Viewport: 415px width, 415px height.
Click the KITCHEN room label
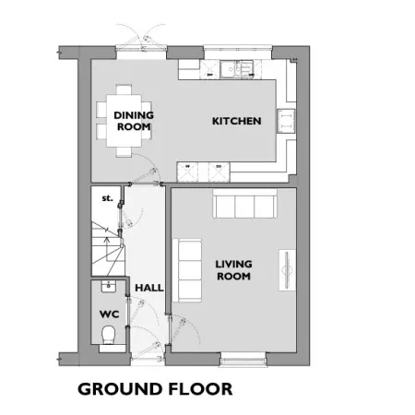pyautogui.click(x=237, y=121)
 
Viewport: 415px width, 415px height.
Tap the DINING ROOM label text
pyautogui.click(x=134, y=121)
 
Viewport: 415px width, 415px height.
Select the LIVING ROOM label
pyautogui.click(x=233, y=270)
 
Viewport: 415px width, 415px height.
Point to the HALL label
pyautogui.click(x=149, y=288)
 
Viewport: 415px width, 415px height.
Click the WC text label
pyautogui.click(x=110, y=314)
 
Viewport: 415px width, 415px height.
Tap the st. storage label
pyautogui.click(x=107, y=198)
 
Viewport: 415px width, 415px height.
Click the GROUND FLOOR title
pyautogui.click(x=155, y=389)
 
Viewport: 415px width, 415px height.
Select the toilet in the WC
pyautogui.click(x=108, y=335)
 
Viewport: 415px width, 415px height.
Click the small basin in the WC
pyautogui.click(x=109, y=286)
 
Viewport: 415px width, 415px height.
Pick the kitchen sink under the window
pyautogui.click(x=237, y=69)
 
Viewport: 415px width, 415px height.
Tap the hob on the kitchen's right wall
pyautogui.click(x=286, y=121)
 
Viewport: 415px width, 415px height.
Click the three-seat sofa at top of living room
pyautogui.click(x=244, y=204)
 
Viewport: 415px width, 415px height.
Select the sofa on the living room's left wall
pyautogui.click(x=187, y=270)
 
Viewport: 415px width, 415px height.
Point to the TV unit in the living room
pyautogui.click(x=287, y=270)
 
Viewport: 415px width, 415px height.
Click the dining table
pyautogui.click(x=124, y=121)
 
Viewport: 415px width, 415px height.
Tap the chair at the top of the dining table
pyautogui.click(x=124, y=89)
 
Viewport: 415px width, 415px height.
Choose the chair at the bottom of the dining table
pyautogui.click(x=124, y=152)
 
